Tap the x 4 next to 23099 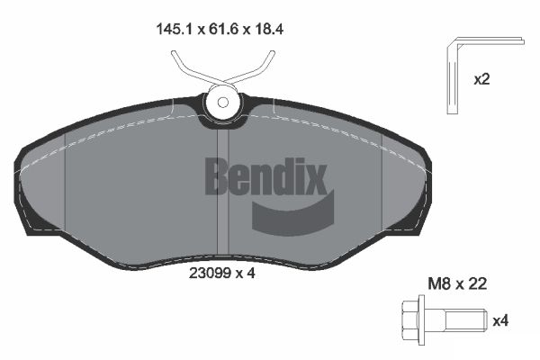click(247, 275)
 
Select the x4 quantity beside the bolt click(500, 319)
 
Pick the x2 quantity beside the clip click(482, 79)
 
